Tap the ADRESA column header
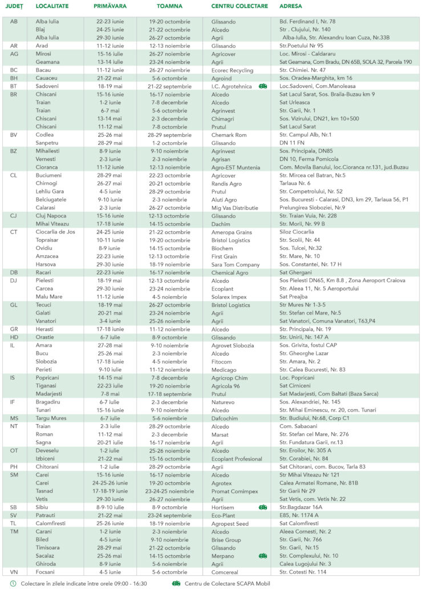click(x=291, y=6)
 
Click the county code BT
click(x=14, y=86)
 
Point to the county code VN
click(x=14, y=572)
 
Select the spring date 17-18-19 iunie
click(x=112, y=491)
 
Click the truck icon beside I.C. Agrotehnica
click(x=262, y=86)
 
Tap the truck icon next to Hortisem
click(x=262, y=507)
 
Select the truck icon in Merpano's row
click(x=262, y=555)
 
